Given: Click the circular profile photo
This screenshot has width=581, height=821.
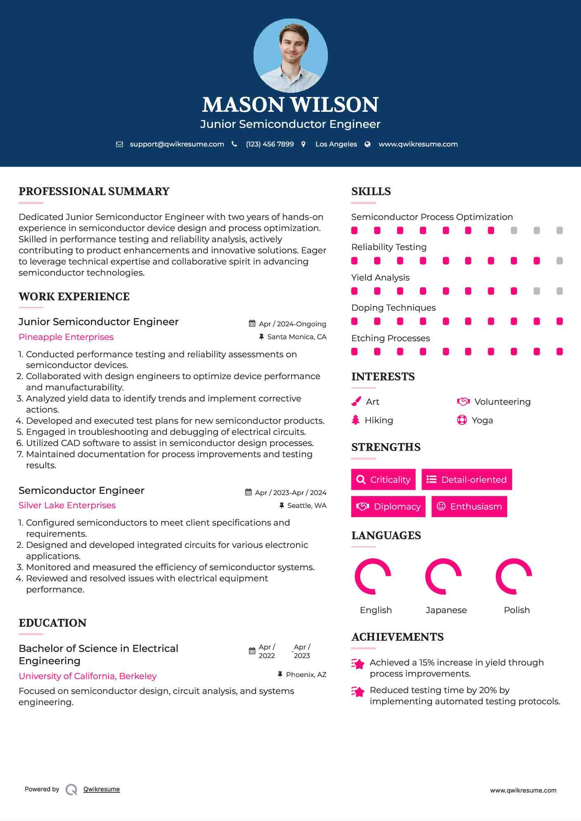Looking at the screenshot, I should [x=290, y=55].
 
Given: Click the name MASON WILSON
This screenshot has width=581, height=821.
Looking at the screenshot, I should [x=290, y=105].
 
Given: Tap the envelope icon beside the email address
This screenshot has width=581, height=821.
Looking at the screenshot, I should [x=119, y=144].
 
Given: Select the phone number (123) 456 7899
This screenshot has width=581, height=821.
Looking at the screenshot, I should [x=270, y=144].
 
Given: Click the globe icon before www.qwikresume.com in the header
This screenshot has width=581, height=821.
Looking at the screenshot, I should [x=368, y=144].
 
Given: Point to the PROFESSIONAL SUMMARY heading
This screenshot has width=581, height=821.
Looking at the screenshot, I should [x=94, y=191].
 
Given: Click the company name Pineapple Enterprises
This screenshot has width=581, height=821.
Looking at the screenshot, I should [x=66, y=337].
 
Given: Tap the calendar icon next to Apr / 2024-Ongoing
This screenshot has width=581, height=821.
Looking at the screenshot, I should [x=252, y=324].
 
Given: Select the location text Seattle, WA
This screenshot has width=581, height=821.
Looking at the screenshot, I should [x=307, y=506].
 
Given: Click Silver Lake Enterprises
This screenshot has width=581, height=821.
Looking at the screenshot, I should [x=67, y=505].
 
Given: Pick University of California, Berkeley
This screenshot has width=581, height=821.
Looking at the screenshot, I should [x=88, y=676].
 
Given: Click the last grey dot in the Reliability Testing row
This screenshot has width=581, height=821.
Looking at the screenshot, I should [x=560, y=261].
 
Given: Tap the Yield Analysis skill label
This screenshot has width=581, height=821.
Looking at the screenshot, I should [x=380, y=278].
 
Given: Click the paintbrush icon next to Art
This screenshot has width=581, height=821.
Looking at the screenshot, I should [x=356, y=401].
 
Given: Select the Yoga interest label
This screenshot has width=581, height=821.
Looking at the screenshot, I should [x=482, y=420].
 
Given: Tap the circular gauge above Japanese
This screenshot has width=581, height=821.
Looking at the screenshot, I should [x=443, y=576].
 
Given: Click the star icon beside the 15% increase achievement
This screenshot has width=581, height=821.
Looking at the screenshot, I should [x=358, y=664].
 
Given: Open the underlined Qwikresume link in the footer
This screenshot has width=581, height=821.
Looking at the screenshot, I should [x=102, y=789].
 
